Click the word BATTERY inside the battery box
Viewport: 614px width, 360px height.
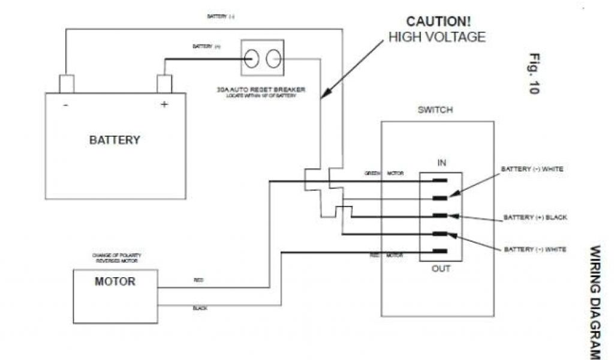coord(115,140)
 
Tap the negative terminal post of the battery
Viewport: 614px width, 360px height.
coord(66,84)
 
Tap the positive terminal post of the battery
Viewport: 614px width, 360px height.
coord(164,84)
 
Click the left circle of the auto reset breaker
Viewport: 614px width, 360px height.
coord(252,58)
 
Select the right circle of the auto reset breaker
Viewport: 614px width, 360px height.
coord(273,58)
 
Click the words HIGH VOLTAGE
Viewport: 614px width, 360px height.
coord(437,37)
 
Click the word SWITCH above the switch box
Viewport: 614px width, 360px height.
coord(435,110)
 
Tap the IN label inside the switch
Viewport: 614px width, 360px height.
coord(441,163)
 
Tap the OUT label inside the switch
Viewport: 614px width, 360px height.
coord(441,269)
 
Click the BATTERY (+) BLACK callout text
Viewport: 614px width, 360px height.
coord(535,217)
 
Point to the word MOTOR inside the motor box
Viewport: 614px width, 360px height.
coord(115,281)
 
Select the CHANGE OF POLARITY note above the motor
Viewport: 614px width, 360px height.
coord(116,258)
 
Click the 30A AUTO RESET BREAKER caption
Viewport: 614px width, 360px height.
coord(261,90)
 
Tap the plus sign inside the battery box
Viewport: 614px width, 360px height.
coord(164,104)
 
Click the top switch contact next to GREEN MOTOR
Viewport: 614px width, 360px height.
coord(440,180)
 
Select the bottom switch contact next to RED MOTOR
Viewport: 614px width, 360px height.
coord(440,251)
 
